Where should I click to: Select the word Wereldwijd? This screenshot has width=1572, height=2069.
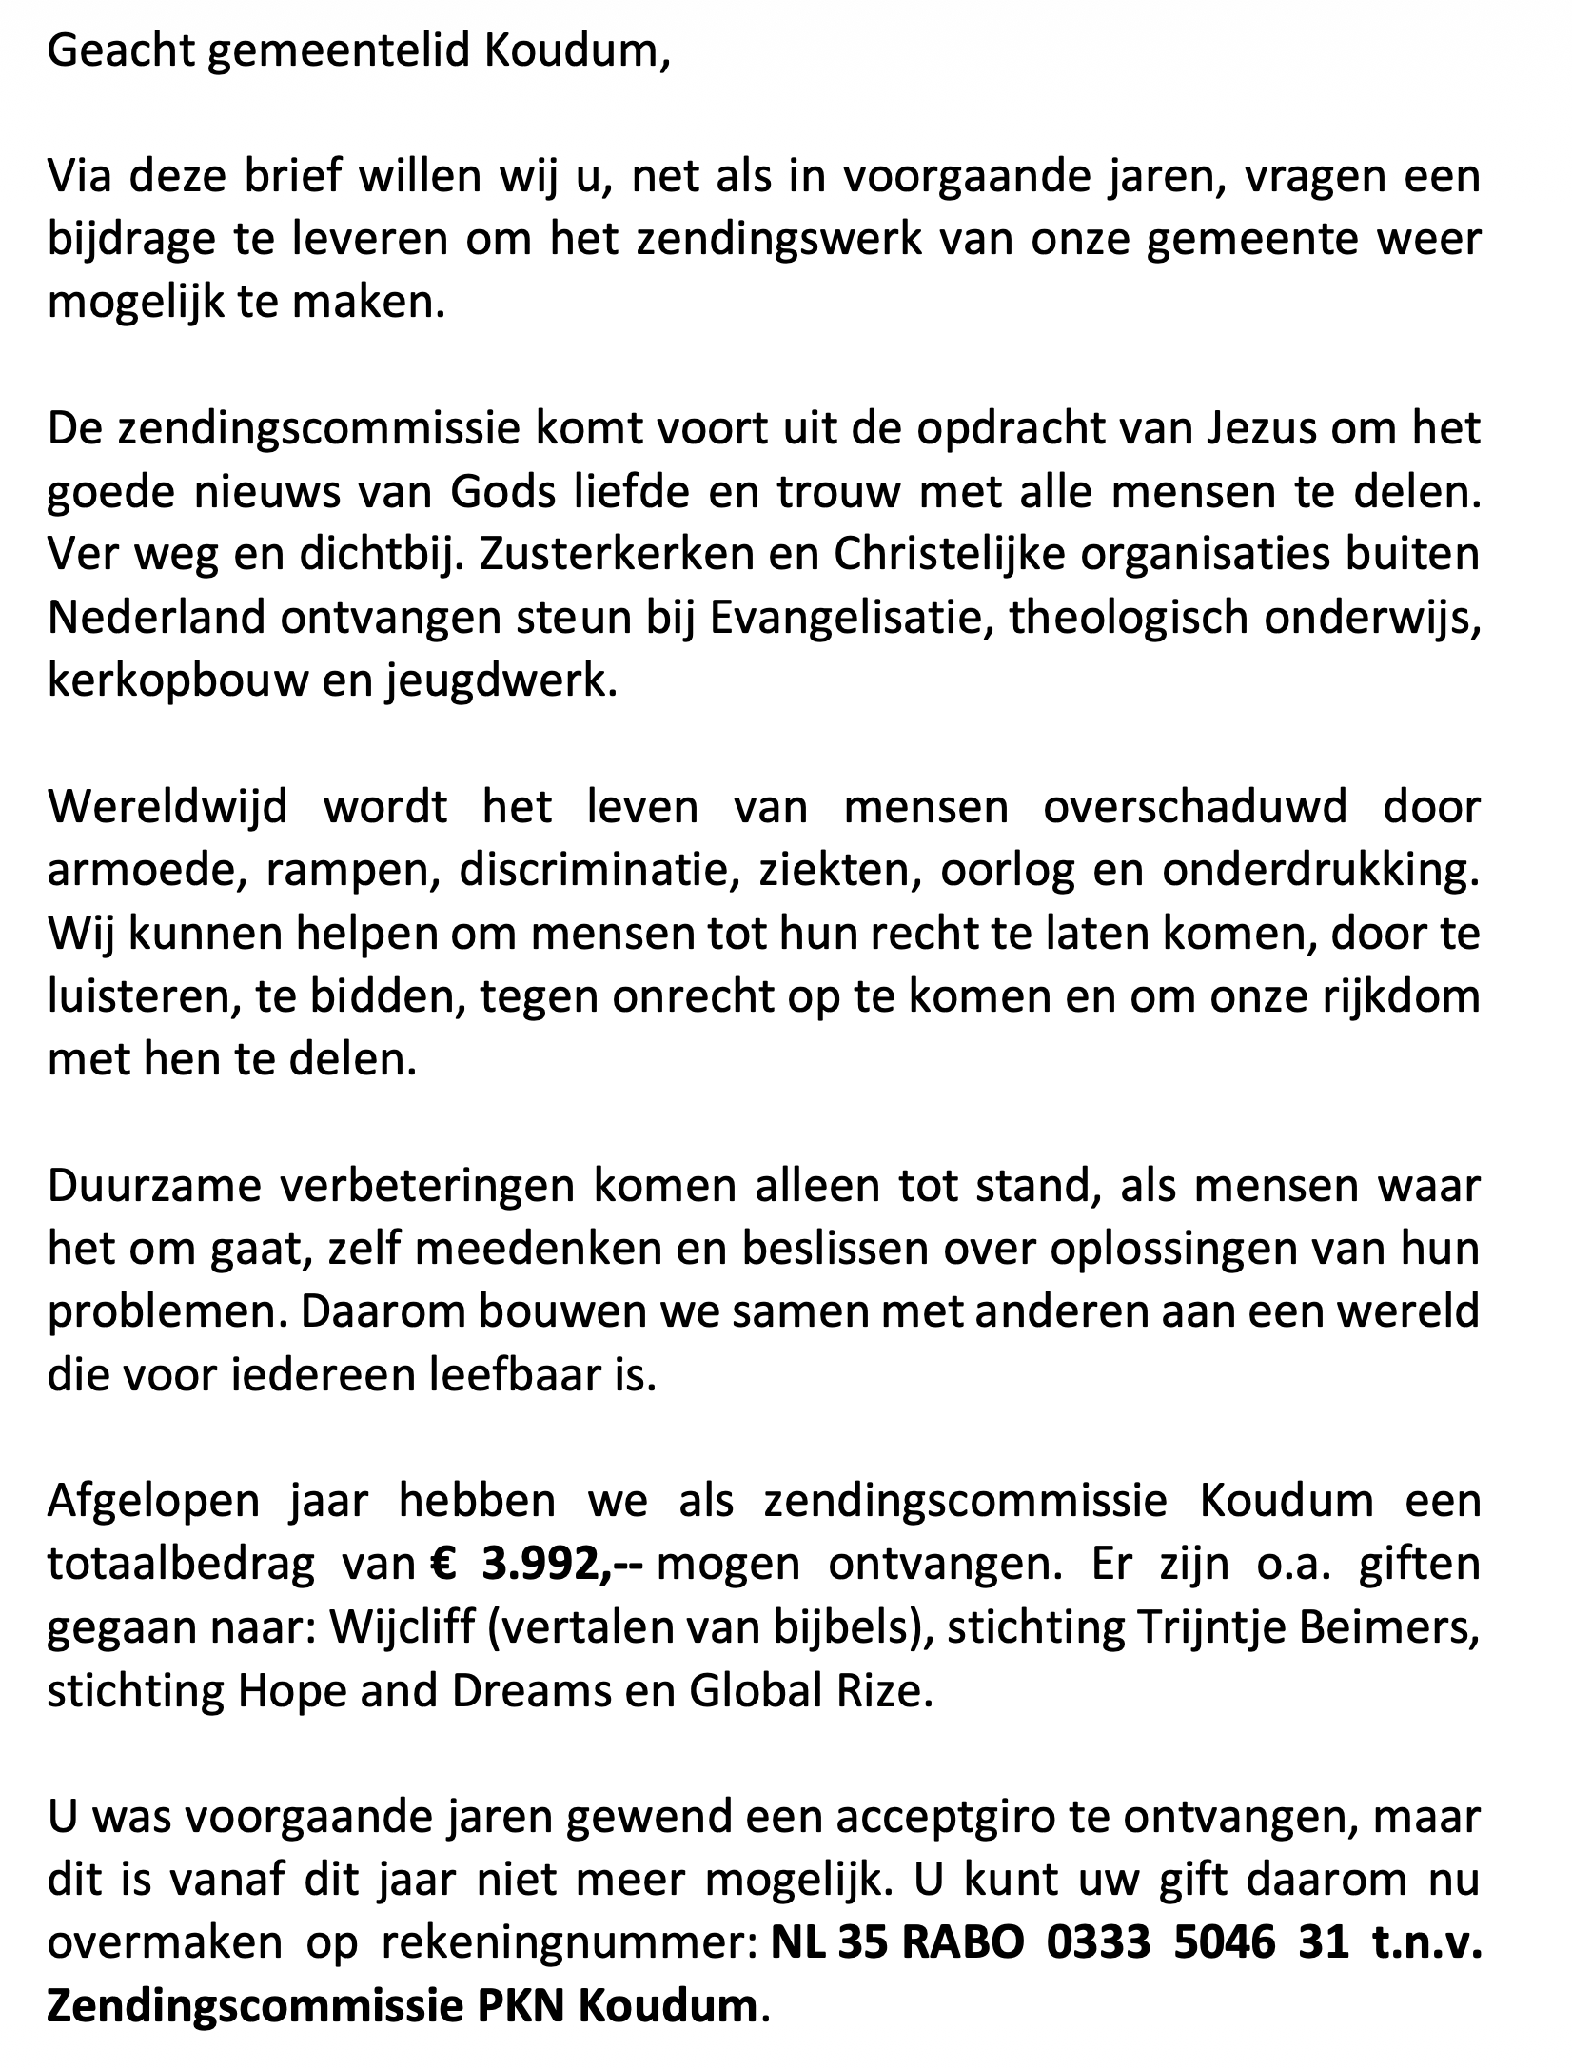pos(167,807)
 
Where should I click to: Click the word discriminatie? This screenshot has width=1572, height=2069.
pos(599,871)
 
